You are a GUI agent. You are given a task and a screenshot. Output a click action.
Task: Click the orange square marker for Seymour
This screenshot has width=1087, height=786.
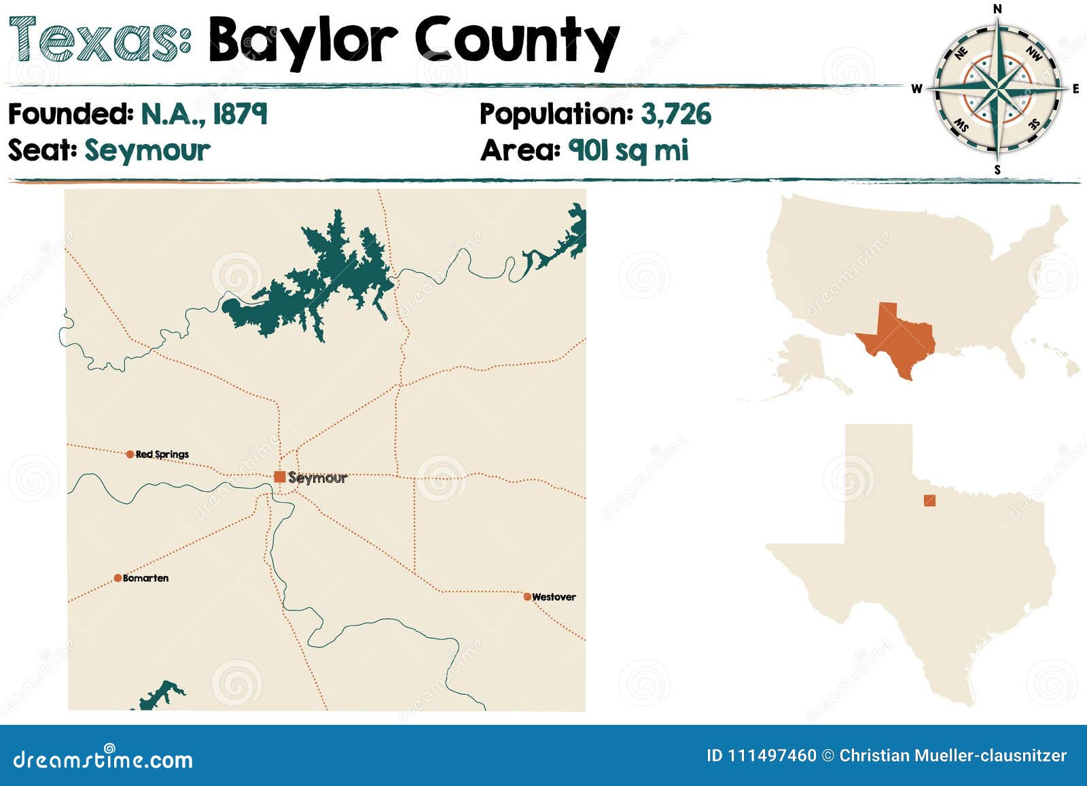[x=279, y=477]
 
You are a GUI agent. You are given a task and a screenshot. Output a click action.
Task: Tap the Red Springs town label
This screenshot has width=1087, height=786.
[x=162, y=454]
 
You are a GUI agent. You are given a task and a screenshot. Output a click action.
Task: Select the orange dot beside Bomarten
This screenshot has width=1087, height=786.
[x=118, y=578]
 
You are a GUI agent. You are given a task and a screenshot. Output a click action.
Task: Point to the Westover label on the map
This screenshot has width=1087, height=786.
[x=554, y=597]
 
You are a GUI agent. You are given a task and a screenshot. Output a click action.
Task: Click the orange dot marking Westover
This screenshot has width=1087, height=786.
[x=527, y=597]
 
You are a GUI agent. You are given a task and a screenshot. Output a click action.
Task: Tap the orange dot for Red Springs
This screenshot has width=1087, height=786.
[x=130, y=454]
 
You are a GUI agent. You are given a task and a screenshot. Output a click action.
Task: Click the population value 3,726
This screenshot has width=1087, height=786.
[x=676, y=114]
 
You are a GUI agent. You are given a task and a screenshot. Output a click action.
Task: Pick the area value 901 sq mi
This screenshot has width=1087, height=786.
[x=628, y=150]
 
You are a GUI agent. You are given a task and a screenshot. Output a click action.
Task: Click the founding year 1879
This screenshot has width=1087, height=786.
[x=240, y=114]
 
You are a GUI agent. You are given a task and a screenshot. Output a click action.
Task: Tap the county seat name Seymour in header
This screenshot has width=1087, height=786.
[x=147, y=150]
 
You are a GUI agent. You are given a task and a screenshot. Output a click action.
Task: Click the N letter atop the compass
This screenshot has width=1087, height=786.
[x=997, y=9]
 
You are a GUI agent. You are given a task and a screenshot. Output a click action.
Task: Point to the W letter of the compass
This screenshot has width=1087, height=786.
[x=916, y=89]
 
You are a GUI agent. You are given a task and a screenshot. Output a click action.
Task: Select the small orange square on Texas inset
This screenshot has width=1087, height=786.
[x=929, y=501]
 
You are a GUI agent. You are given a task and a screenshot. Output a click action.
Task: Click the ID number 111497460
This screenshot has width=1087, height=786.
[x=772, y=755]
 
